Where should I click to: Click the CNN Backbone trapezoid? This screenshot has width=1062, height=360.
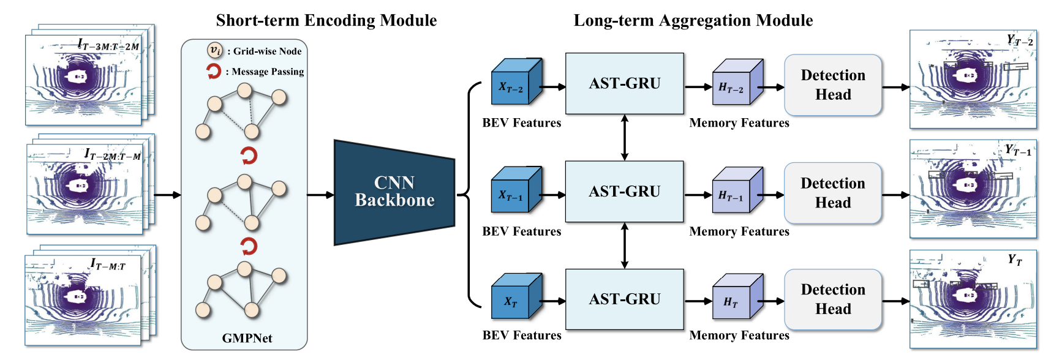(394, 192)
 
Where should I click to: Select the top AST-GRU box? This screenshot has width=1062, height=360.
(624, 83)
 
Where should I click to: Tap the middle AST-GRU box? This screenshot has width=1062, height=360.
(624, 192)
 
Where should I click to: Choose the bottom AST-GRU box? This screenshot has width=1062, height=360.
(624, 299)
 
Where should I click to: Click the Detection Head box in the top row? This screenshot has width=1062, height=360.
(833, 85)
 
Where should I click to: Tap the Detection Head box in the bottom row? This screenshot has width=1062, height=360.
(833, 299)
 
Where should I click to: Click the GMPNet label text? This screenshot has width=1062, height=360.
(247, 338)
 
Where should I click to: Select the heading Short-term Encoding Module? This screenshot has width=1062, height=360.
(326, 20)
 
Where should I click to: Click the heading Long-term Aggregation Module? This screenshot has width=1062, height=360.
(693, 20)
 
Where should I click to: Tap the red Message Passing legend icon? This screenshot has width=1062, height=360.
(213, 72)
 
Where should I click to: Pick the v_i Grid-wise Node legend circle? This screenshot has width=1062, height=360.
(214, 50)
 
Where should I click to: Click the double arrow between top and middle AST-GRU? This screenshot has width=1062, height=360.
(624, 138)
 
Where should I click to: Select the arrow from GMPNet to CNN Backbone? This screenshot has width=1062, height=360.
(320, 195)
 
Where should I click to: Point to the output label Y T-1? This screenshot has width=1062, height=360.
(1017, 150)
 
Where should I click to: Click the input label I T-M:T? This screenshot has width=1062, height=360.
(108, 264)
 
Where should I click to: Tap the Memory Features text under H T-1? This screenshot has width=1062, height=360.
(739, 231)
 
